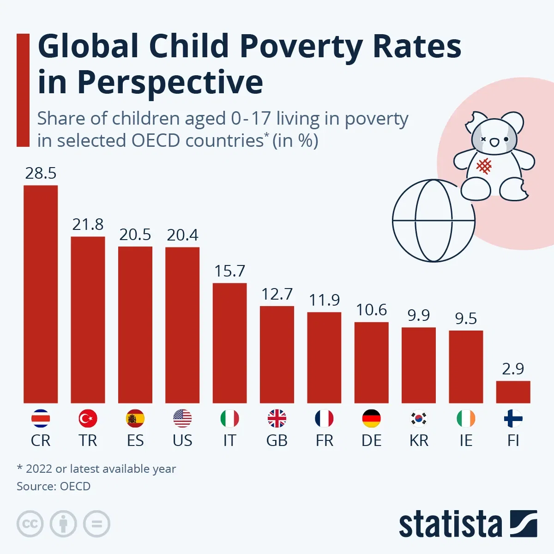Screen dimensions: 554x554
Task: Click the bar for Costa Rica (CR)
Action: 41,294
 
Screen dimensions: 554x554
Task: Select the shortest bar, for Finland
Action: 513,392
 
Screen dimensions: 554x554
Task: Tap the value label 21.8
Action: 88,224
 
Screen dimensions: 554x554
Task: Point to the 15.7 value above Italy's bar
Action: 229,271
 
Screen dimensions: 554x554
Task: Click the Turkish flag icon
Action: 88,419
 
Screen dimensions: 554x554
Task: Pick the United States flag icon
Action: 182,419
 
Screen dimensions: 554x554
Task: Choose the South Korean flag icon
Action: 419,419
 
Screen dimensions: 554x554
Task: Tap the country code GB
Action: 277,440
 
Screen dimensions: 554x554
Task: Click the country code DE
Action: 371,440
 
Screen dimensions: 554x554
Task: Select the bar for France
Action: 324,358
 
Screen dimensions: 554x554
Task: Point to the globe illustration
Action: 434,221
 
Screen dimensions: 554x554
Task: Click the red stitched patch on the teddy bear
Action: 484,166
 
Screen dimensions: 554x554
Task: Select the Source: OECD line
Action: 54,486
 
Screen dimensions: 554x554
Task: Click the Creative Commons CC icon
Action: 30,524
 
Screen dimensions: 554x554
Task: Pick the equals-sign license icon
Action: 96,524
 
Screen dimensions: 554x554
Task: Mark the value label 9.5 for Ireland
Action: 466,319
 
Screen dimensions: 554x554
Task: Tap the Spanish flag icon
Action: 135,419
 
